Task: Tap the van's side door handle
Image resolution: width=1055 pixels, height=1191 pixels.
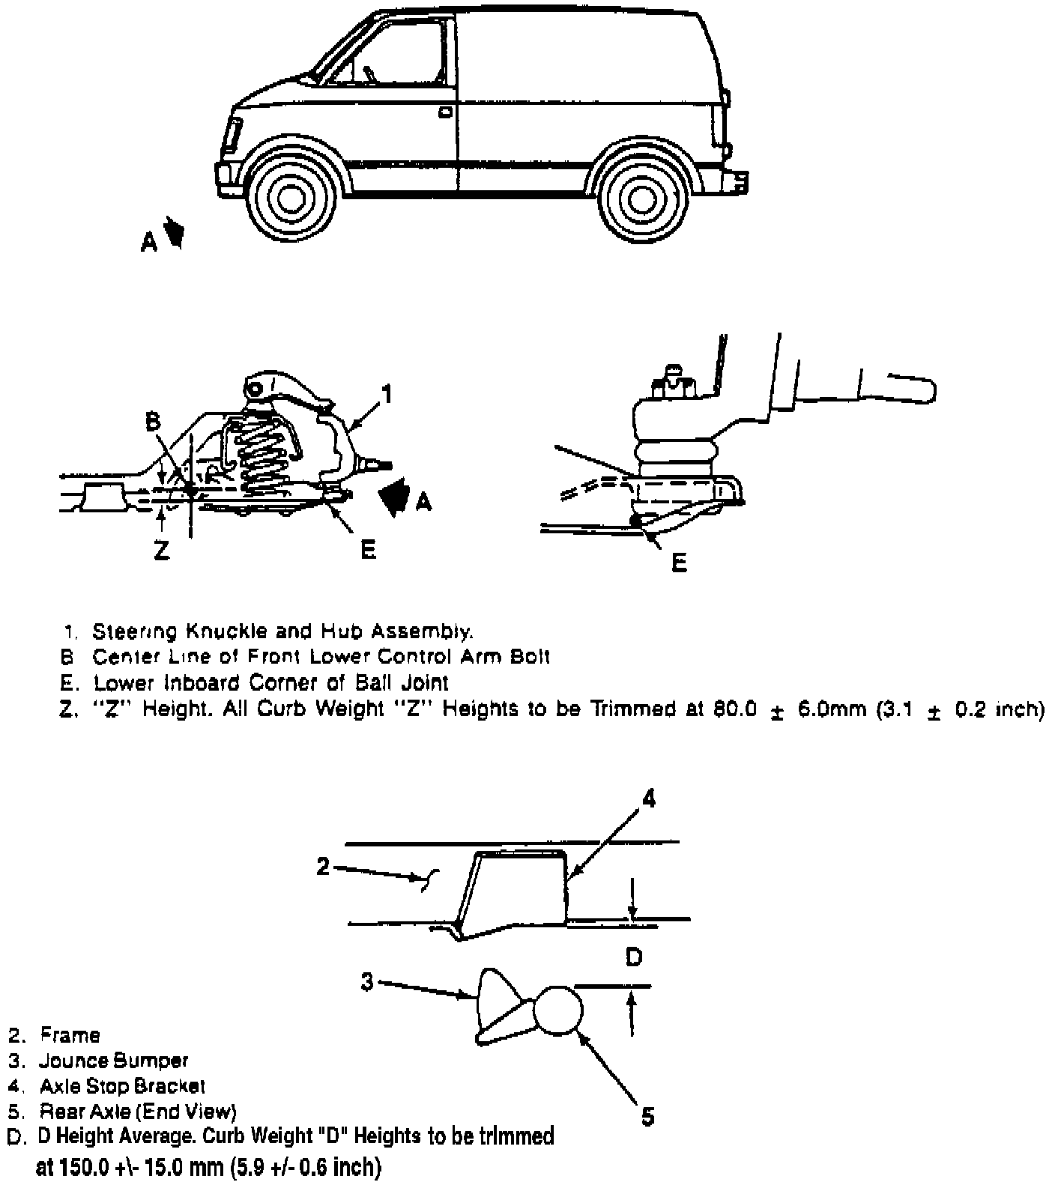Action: pos(445,112)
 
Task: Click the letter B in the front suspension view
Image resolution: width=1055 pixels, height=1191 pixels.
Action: pos(153,422)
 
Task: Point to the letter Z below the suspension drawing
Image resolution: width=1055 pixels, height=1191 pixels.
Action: pos(161,551)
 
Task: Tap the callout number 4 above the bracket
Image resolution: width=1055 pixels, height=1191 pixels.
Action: pos(649,800)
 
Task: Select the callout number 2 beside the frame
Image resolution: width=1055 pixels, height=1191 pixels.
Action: pos(323,867)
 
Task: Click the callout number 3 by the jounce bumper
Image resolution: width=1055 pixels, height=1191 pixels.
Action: pos(367,981)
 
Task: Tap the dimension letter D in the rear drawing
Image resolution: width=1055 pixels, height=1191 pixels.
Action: pos(634,957)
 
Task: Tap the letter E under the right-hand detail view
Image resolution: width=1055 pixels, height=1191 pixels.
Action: pos(680,563)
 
